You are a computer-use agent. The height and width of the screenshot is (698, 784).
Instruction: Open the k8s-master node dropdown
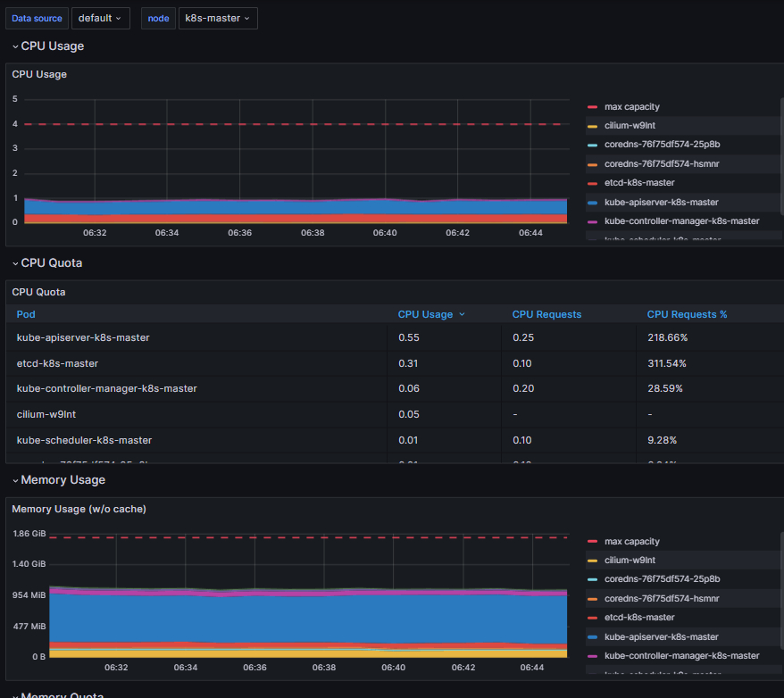218,18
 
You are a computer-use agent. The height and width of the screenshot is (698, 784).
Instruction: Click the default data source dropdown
100,18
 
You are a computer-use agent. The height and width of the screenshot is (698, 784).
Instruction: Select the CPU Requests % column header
687,314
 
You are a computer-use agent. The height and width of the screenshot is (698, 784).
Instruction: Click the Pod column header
26,314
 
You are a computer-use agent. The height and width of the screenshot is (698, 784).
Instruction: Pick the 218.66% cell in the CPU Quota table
667,338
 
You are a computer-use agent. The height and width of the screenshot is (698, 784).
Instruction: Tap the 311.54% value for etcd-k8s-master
666,363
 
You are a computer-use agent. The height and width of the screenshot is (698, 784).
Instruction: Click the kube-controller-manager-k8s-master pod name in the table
106,389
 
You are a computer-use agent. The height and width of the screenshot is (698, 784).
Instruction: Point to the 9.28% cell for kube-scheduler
662,440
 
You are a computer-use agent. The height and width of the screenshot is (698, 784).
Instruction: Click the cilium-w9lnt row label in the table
45,414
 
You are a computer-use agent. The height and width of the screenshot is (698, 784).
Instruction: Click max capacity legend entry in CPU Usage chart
631,107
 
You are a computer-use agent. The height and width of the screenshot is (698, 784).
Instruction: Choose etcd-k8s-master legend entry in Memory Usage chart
638,618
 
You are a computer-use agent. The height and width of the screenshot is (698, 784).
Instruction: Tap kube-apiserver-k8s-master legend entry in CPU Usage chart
661,203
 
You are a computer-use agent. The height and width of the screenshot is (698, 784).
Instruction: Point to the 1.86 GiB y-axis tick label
29,534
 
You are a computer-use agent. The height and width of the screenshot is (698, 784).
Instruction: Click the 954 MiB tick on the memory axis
29,595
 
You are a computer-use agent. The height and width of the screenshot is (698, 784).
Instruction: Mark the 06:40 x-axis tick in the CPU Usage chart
385,233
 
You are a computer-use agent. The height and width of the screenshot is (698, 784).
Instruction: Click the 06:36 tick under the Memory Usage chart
255,668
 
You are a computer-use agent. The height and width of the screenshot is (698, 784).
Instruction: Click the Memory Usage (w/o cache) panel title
79,509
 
